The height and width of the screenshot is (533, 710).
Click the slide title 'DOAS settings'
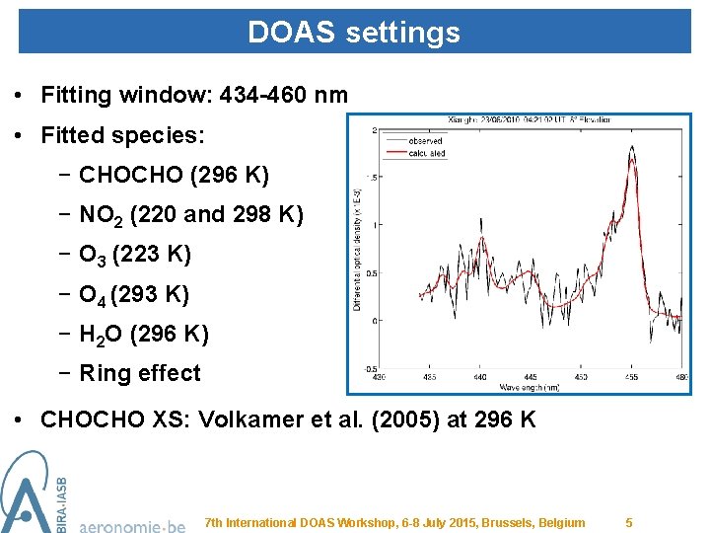353,33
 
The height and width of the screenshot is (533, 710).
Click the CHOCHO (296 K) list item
174,175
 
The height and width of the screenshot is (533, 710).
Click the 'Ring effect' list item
139,373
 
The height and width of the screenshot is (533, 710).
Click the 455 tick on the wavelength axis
631,376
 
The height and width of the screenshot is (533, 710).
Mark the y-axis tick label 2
373,130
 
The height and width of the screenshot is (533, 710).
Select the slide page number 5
629,522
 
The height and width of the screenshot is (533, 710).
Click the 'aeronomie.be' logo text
131,525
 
